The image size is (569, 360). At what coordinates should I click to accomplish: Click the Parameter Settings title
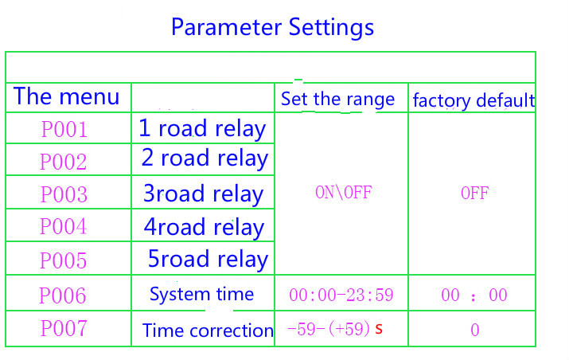(x=272, y=28)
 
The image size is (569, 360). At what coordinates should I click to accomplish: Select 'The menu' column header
(x=66, y=96)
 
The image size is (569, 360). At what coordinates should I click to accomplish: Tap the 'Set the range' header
(x=337, y=100)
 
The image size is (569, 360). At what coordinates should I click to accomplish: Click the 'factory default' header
(x=474, y=100)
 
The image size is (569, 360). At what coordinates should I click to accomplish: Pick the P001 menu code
(x=64, y=129)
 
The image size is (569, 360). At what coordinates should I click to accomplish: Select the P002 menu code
(x=64, y=162)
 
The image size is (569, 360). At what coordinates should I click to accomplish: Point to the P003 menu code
(x=64, y=194)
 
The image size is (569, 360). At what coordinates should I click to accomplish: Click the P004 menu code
(x=63, y=226)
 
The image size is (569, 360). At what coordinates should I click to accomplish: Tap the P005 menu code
(x=63, y=260)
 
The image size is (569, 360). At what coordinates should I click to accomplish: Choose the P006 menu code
(x=62, y=295)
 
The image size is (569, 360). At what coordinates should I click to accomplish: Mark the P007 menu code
(x=64, y=328)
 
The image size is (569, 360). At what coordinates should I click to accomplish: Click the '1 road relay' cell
(x=202, y=129)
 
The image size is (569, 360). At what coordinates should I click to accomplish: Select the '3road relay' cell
(x=203, y=194)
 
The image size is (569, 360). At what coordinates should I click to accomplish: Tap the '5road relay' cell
(x=208, y=260)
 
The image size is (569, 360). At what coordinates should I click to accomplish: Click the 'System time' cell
(x=202, y=294)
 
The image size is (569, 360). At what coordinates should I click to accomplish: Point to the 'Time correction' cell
(x=208, y=331)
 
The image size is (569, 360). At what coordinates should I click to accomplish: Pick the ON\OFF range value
(x=343, y=193)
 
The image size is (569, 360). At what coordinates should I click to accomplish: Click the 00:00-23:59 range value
(x=341, y=295)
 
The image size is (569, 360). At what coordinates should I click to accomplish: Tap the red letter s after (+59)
(x=379, y=329)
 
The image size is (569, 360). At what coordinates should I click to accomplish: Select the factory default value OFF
(x=474, y=193)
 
